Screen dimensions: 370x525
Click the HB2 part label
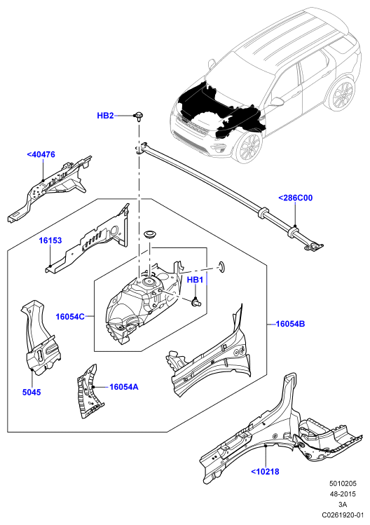(x=105, y=116)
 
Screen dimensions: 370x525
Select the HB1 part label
(x=195, y=280)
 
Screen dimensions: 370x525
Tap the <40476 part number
(x=41, y=154)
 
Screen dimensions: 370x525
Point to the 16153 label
(x=50, y=240)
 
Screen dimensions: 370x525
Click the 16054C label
(x=70, y=316)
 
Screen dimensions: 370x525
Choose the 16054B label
(x=290, y=324)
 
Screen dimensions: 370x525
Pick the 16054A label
(x=124, y=387)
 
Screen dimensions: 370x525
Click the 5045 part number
(x=32, y=392)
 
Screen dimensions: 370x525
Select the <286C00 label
(x=295, y=198)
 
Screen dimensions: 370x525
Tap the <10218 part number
(x=265, y=472)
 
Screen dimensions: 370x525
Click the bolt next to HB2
(x=138, y=116)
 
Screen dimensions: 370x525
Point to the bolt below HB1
(x=196, y=302)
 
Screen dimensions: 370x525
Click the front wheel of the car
(x=249, y=148)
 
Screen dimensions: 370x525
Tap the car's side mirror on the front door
(x=277, y=102)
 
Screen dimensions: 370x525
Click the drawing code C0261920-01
(x=343, y=514)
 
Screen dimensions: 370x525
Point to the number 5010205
(x=343, y=483)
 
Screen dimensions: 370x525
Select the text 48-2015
(x=343, y=494)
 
